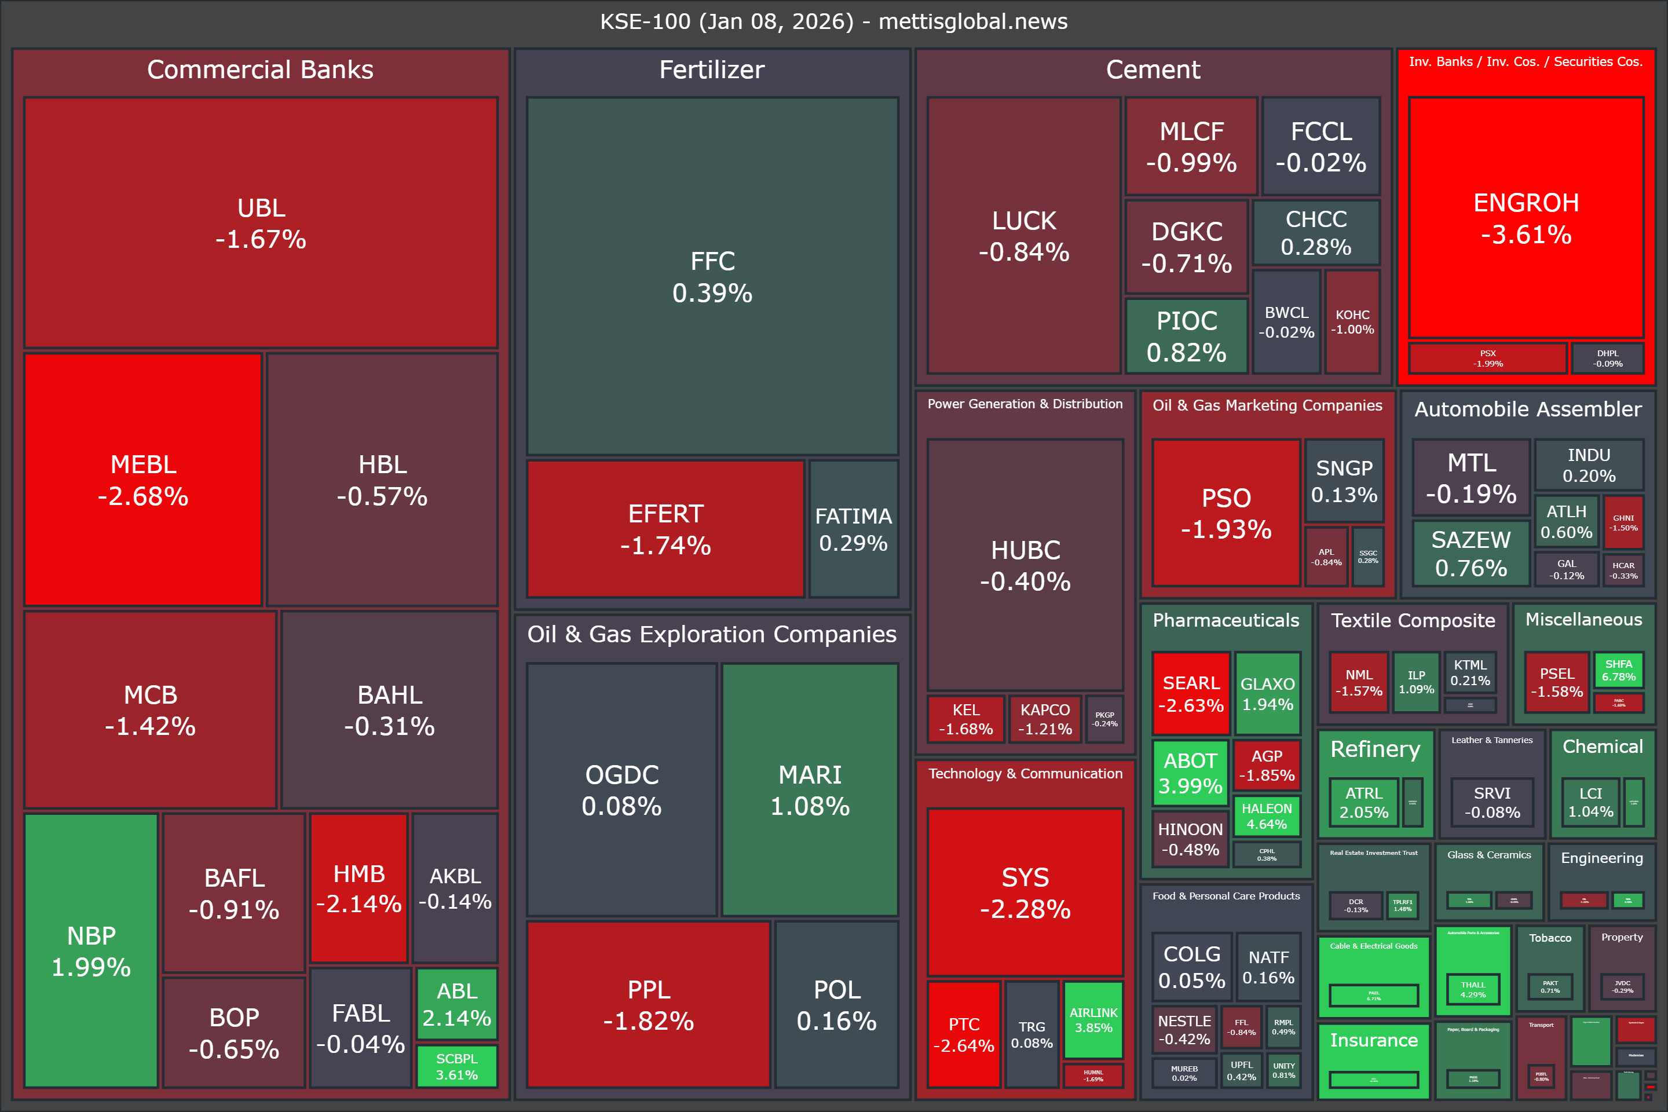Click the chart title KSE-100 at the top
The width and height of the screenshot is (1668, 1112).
833,21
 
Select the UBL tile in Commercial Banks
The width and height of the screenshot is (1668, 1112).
261,222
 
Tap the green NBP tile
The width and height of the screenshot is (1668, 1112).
91,950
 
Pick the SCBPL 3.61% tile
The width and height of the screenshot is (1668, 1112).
457,1066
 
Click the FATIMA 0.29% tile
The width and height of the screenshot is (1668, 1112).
853,529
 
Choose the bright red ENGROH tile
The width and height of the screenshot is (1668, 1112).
1526,218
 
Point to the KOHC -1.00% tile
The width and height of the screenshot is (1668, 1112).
1352,321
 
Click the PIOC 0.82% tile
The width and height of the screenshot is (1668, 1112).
1187,336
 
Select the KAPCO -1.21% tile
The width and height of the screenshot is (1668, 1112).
1045,718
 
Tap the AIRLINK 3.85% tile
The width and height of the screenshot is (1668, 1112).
1093,1020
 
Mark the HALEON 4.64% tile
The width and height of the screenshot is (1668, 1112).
1267,816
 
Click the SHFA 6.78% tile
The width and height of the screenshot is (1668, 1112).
1618,670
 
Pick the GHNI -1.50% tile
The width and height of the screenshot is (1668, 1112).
1623,522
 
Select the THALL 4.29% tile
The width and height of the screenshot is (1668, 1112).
1473,989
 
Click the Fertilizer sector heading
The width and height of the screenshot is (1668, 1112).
712,69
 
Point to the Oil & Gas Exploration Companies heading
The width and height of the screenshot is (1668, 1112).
712,634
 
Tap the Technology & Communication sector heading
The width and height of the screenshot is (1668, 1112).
1026,774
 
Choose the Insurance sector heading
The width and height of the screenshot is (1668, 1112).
1374,1040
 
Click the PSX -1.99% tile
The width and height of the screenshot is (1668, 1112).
1487,358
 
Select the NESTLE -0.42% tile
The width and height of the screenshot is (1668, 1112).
1184,1030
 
